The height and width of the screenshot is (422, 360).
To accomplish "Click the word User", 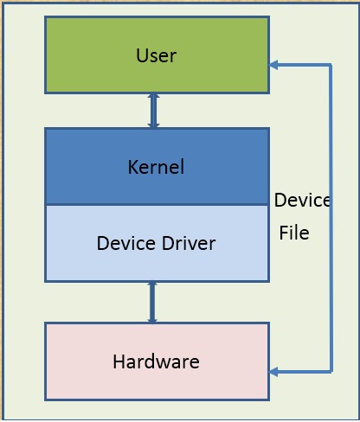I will point(156,56).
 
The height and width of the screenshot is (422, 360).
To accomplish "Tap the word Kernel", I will point(156,167).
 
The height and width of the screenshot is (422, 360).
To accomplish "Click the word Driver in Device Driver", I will point(186,243).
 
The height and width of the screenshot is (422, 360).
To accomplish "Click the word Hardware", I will point(156,361).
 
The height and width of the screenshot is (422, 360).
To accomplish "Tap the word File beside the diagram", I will point(294,233).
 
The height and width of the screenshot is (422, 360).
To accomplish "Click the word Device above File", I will point(302,201).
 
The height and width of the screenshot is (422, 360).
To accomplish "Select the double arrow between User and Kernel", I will point(153,111).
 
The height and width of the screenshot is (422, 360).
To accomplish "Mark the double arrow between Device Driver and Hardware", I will point(153,302).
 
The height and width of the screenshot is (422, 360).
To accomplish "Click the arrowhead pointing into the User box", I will point(273,65).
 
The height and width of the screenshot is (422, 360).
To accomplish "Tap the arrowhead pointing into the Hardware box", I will point(273,372).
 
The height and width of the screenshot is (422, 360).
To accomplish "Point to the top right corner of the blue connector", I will point(331,65).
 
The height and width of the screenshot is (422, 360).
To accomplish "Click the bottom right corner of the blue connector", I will point(331,372).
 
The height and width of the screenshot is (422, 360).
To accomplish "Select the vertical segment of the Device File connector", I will point(331,285).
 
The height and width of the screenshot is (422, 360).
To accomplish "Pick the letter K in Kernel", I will point(133,167).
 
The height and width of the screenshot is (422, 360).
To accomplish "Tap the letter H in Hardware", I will point(119,361).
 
